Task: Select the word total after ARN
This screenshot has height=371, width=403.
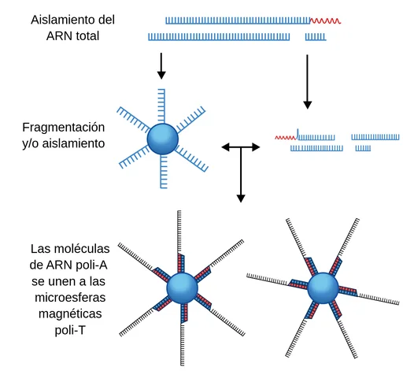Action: tap(87, 36)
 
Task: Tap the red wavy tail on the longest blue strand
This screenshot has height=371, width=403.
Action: tap(325, 20)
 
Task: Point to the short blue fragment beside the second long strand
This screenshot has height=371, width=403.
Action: tap(316, 37)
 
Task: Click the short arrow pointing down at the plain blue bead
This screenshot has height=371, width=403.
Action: tap(161, 66)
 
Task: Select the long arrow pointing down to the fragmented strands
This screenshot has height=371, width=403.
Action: tap(307, 82)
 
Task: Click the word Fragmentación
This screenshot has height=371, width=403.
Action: tap(64, 128)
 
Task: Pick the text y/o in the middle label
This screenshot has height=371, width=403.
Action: tap(31, 143)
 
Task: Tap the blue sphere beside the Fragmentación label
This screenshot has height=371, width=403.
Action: tap(163, 139)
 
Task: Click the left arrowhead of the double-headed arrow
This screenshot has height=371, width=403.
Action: tap(226, 147)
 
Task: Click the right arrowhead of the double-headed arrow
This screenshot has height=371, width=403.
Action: tap(256, 147)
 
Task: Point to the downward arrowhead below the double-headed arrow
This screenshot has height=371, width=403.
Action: tap(241, 198)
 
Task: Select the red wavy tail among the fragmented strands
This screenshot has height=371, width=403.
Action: tap(286, 138)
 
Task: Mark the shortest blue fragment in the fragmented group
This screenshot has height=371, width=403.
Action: tap(363, 148)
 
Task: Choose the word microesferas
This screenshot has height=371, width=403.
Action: tap(70, 298)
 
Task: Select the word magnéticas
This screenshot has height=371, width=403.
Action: tap(70, 313)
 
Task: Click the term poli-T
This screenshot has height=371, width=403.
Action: tap(70, 330)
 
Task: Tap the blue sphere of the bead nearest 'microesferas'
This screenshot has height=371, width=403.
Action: tap(182, 288)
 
